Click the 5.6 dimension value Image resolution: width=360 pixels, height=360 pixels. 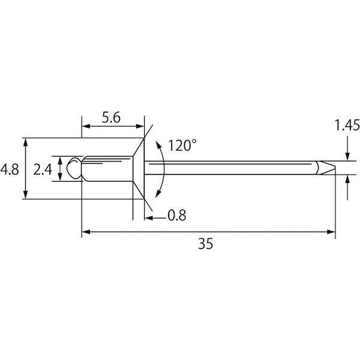[x=111, y=118]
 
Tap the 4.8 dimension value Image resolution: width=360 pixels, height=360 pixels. [x=10, y=170]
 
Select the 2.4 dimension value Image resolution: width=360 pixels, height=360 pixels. [x=43, y=170]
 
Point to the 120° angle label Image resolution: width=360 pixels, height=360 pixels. [x=182, y=145]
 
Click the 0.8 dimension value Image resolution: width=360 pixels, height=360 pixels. [x=177, y=215]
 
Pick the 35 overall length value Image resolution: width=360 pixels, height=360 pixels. [x=206, y=244]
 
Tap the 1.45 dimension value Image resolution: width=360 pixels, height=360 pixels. [x=347, y=125]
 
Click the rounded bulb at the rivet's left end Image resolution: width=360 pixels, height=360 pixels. [x=74, y=168]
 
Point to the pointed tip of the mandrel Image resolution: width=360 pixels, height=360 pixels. [x=335, y=167]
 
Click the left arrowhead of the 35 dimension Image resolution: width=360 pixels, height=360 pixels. [x=86, y=232]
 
